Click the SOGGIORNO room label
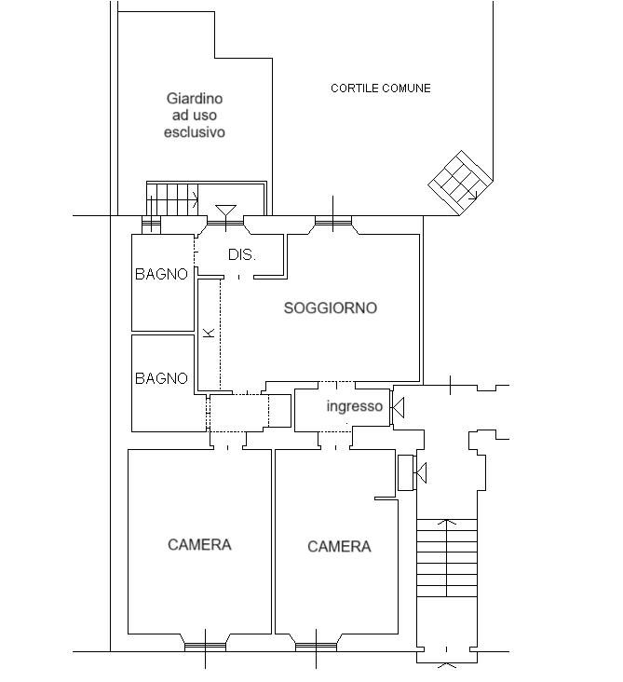pyautogui.click(x=330, y=308)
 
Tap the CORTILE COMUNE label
pyautogui.click(x=380, y=89)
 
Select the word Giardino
pyautogui.click(x=195, y=99)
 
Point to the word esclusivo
pyautogui.click(x=195, y=131)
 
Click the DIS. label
pyautogui.click(x=242, y=254)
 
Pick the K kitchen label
pyautogui.click(x=210, y=334)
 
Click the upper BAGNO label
pyautogui.click(x=161, y=274)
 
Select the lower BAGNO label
pyautogui.click(x=161, y=378)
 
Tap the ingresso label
pyautogui.click(x=354, y=406)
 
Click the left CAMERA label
pyautogui.click(x=199, y=544)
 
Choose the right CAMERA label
pyautogui.click(x=339, y=546)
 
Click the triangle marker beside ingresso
pyautogui.click(x=398, y=407)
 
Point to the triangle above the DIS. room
pyautogui.click(x=226, y=211)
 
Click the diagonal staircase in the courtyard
pyautogui.click(x=461, y=183)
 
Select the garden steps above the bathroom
pyautogui.click(x=172, y=199)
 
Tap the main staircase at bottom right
pyautogui.click(x=447, y=557)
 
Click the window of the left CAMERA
pyautogui.click(x=205, y=648)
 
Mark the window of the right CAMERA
pyautogui.click(x=316, y=648)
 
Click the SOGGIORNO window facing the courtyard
pyautogui.click(x=333, y=222)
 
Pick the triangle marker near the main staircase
pyautogui.click(x=421, y=472)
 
